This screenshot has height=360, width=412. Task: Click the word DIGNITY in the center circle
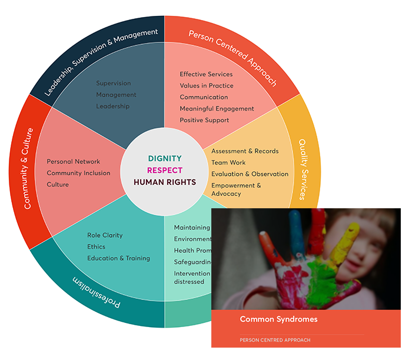tap(164, 158)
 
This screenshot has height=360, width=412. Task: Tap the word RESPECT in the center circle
tap(164, 171)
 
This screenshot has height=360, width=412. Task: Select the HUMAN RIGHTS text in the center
tap(164, 182)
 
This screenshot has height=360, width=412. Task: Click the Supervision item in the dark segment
tap(114, 84)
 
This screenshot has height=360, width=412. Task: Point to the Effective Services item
tap(206, 74)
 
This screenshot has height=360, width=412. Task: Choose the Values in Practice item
tap(206, 86)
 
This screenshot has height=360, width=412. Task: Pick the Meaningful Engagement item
tap(217, 109)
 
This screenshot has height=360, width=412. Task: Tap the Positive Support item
tap(204, 121)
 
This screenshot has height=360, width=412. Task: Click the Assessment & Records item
tap(245, 151)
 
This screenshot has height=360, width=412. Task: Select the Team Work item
tap(228, 163)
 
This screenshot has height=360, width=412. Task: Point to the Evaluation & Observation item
tap(250, 174)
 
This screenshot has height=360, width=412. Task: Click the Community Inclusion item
tap(78, 173)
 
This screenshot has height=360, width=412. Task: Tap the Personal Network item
tap(74, 162)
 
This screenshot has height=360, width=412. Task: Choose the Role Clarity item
tap(105, 235)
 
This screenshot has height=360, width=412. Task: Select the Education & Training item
tap(118, 258)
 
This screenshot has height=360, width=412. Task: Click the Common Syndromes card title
tap(278, 319)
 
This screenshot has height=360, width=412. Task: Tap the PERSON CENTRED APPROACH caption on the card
tap(275, 340)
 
